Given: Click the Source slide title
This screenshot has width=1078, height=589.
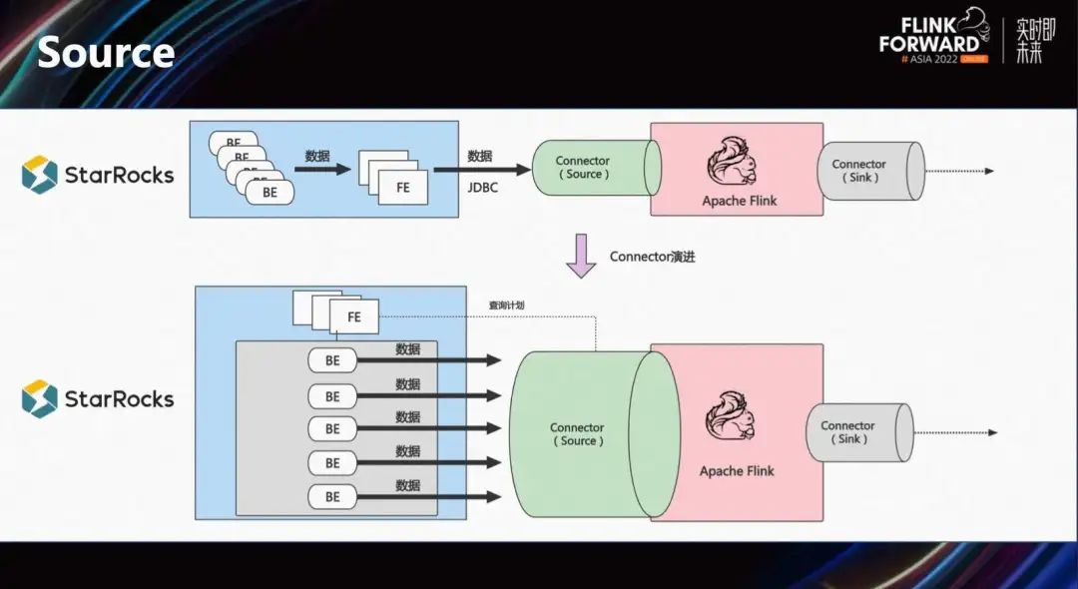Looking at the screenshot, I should [106, 52].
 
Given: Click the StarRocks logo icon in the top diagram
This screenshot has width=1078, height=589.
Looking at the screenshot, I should [40, 175].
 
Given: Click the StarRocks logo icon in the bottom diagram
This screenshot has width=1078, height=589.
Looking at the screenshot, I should [40, 398].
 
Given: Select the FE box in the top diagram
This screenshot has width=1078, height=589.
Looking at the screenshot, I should [403, 188].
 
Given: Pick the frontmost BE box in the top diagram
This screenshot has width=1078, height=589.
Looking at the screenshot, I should [269, 192].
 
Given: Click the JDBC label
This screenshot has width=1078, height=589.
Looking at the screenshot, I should [482, 187].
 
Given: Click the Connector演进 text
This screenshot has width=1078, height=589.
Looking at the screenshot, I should [652, 257].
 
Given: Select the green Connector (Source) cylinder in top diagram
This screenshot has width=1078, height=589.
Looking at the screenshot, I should [589, 167].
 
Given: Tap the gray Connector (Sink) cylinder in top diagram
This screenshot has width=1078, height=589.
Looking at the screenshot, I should [864, 171].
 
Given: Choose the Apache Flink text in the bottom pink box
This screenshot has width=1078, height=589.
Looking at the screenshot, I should [737, 471].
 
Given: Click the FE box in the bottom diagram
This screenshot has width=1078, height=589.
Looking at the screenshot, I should [353, 316].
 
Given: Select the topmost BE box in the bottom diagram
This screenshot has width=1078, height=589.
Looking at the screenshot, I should [332, 360].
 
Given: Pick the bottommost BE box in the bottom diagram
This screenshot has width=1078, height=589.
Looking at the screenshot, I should [332, 496].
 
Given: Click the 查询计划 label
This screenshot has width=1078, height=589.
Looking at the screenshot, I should [505, 305].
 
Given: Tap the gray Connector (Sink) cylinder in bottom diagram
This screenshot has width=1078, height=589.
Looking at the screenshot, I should [853, 432].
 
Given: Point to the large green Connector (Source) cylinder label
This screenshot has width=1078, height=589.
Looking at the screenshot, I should [578, 434].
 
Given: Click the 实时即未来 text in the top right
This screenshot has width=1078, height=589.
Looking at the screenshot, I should [1035, 41].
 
